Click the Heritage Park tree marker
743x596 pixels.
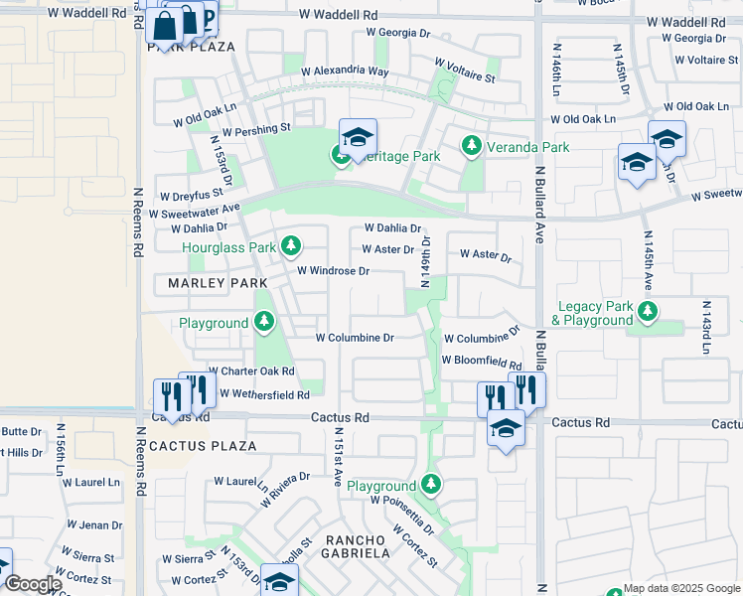pyautogui.click(x=341, y=157)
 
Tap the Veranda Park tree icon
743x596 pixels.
pyautogui.click(x=473, y=147)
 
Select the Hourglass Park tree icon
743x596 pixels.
pyautogui.click(x=290, y=245)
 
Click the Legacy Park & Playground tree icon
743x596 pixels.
pyautogui.click(x=648, y=313)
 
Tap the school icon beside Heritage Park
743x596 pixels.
pyautogui.click(x=358, y=138)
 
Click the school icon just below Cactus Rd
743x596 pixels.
pyautogui.click(x=506, y=429)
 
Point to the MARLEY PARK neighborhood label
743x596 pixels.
pyautogui.click(x=211, y=283)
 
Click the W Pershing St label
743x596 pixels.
pyautogui.click(x=256, y=129)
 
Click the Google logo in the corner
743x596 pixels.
pyautogui.click(x=32, y=584)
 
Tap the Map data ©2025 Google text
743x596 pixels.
pyautogui.click(x=681, y=588)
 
